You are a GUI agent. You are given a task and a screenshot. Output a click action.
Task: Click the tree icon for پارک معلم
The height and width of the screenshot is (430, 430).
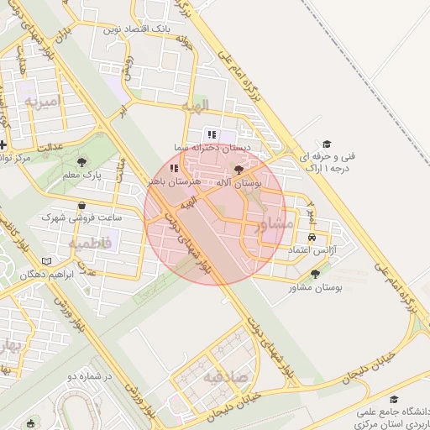point(81,162)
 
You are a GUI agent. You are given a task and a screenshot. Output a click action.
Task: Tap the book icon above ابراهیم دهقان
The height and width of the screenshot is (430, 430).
point(57,261)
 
